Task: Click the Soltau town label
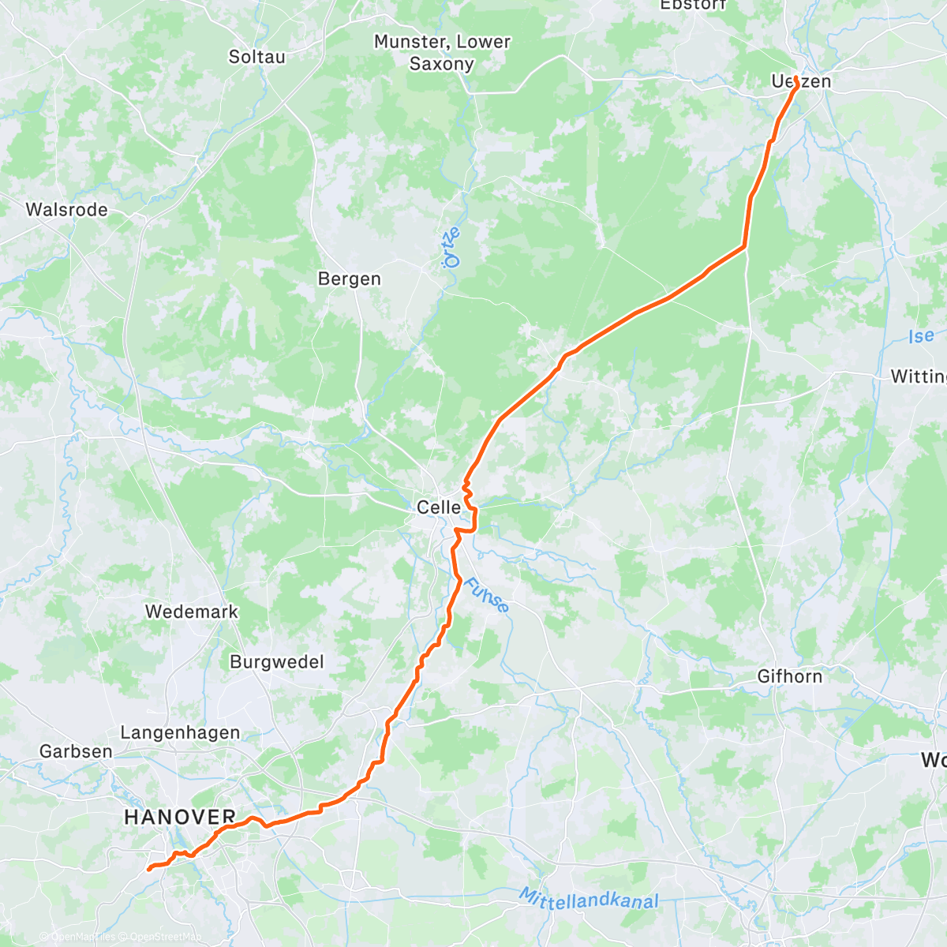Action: point(256,57)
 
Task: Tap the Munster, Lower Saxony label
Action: point(442,53)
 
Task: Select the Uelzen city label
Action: point(801,82)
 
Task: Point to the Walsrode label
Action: point(66,210)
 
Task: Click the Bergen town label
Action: point(349,279)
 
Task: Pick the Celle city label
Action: point(439,507)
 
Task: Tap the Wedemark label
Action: point(191,612)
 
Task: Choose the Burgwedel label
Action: point(276,662)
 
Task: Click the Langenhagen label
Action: point(180,733)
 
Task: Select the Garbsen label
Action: point(76,751)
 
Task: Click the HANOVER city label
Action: point(180,818)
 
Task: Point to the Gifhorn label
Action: point(789,676)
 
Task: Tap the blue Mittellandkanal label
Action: point(588,898)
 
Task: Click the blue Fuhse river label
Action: point(486,596)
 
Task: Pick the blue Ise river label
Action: point(920,336)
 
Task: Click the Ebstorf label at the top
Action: point(693,5)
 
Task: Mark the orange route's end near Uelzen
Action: point(796,78)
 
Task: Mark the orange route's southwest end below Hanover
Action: point(148,870)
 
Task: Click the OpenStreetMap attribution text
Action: point(161,938)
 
